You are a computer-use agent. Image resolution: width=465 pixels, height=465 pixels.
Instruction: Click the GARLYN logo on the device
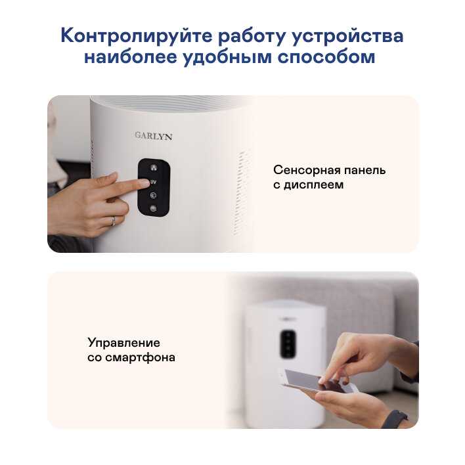pyautogui.click(x=153, y=136)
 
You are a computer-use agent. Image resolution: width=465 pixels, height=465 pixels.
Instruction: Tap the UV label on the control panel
pyautogui.click(x=153, y=182)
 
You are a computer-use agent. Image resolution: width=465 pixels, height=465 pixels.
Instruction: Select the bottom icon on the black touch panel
pyautogui.click(x=153, y=208)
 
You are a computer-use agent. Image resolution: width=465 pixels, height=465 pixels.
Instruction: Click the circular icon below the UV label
pyautogui.click(x=153, y=195)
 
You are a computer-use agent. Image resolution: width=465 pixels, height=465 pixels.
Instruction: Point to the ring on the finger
pyautogui.click(x=113, y=221)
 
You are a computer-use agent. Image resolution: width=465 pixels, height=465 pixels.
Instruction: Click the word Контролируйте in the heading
pyautogui.click(x=137, y=36)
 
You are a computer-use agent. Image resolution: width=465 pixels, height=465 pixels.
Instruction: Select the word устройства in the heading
pyautogui.click(x=347, y=36)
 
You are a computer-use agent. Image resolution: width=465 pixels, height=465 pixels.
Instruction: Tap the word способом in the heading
pyautogui.click(x=326, y=57)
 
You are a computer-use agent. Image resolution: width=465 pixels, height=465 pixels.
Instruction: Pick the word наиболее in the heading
pyautogui.click(x=131, y=56)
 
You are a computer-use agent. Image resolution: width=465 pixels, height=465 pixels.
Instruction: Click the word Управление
pyautogui.click(x=123, y=343)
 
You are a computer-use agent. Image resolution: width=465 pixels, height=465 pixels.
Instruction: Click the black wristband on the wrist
pyautogui.click(x=395, y=419)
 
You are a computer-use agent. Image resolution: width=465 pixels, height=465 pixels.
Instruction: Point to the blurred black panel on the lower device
pyautogui.click(x=288, y=343)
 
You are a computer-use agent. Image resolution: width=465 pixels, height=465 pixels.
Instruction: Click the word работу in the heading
pyautogui.click(x=252, y=36)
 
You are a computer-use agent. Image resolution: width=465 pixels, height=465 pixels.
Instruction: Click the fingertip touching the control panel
pyautogui.click(x=144, y=182)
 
